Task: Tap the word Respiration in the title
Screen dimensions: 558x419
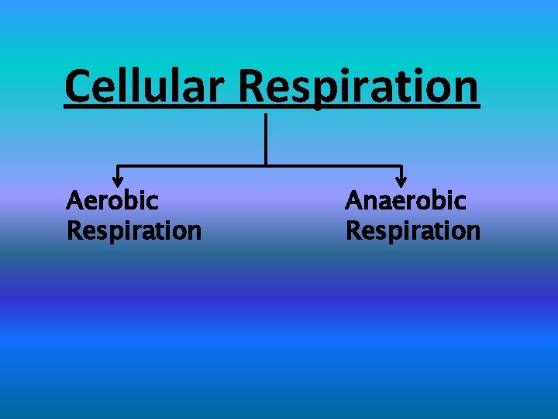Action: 359,87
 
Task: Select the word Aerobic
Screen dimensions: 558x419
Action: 112,201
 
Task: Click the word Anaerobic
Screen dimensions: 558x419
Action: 405,201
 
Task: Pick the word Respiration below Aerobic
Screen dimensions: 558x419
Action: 134,230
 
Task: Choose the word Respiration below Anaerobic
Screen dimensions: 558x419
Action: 412,230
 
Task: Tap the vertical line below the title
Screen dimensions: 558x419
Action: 266,138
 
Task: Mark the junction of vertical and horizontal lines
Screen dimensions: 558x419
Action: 266,165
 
